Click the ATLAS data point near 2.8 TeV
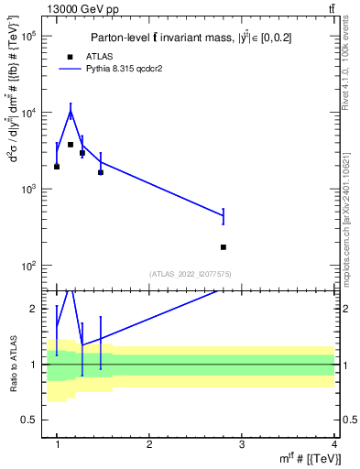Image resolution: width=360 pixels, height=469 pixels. coord(224,247)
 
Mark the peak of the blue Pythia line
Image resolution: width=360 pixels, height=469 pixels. coord(71,113)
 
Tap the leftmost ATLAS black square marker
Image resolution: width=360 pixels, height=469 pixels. coord(57,167)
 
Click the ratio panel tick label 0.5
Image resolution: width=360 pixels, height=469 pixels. coord(31,420)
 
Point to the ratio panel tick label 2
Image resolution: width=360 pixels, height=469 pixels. coord(35,309)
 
